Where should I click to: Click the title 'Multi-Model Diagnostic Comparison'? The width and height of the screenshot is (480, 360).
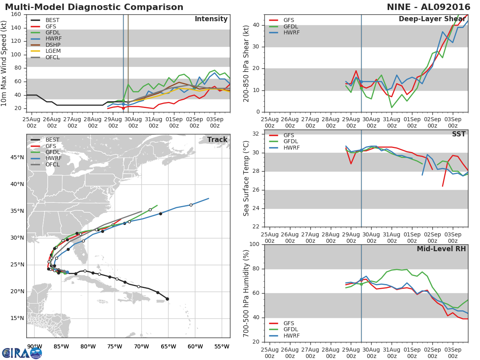(94, 7)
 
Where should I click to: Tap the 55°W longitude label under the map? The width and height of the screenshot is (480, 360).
(222, 346)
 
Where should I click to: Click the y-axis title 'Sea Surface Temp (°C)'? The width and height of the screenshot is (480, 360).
(246, 179)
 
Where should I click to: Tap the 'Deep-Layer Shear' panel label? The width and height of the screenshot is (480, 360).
(432, 19)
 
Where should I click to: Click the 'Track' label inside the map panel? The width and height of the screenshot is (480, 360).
(217, 140)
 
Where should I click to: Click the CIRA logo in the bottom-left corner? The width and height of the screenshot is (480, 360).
(22, 353)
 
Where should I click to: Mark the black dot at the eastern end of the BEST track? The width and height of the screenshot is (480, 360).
(167, 299)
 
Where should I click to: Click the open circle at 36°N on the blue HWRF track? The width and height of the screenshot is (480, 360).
(191, 205)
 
